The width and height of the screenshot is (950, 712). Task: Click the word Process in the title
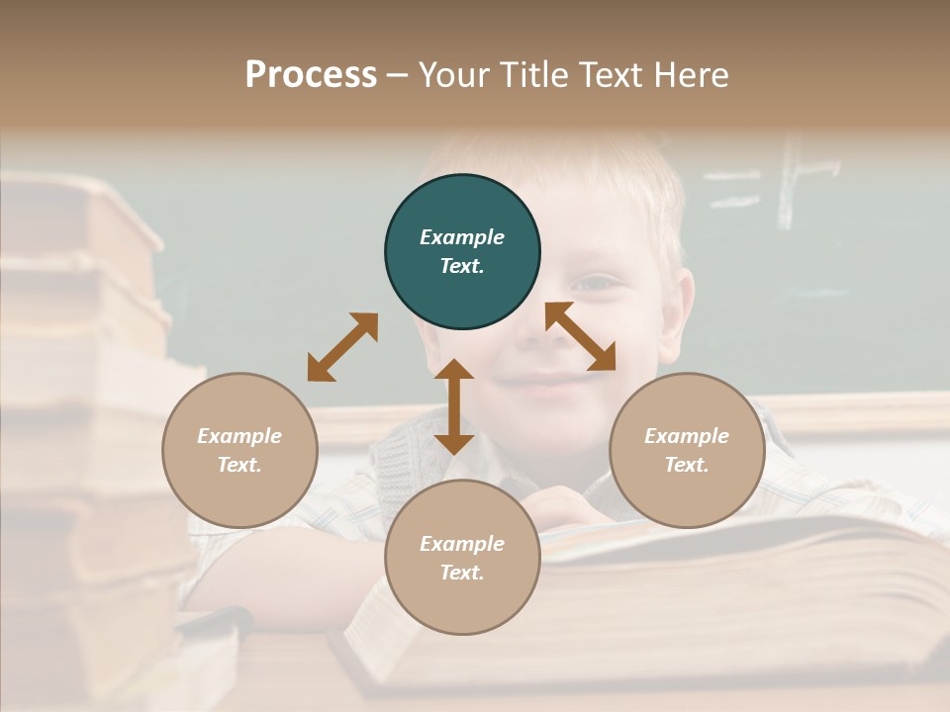(311, 75)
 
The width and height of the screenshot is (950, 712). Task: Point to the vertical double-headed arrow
(454, 407)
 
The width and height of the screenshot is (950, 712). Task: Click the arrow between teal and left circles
(342, 347)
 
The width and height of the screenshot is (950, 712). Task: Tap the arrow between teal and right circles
(581, 337)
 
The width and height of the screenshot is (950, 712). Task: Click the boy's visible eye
(596, 284)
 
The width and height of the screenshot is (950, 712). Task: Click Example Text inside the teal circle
(462, 251)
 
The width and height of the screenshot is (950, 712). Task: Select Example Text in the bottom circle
(462, 558)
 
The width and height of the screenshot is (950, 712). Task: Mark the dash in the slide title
(398, 76)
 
